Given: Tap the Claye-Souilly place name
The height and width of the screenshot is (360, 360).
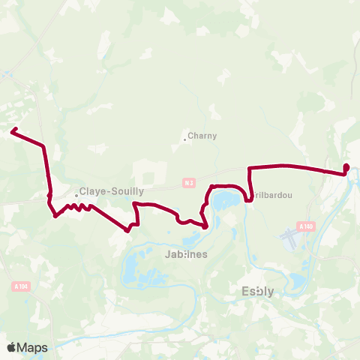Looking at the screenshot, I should pyautogui.click(x=112, y=191).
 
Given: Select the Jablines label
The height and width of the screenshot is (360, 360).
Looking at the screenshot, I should pyautogui.click(x=185, y=254).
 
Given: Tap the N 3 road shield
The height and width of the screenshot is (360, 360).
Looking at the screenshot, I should pyautogui.click(x=189, y=182).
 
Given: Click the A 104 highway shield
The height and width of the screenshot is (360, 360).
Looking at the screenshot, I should pyautogui.click(x=20, y=285).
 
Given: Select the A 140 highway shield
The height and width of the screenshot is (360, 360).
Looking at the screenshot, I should pyautogui.click(x=304, y=226).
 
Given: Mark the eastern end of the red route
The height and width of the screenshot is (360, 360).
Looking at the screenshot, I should pyautogui.click(x=346, y=167).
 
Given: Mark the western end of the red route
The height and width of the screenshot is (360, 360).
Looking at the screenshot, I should pyautogui.click(x=13, y=132).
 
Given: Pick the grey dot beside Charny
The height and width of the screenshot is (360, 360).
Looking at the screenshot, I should pyautogui.click(x=184, y=138).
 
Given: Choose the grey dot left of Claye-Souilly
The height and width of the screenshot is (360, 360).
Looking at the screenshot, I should pyautogui.click(x=76, y=196).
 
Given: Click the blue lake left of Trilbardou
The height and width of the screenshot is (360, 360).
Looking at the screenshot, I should pyautogui.click(x=224, y=200).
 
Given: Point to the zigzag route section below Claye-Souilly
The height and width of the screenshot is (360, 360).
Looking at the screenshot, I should pyautogui.click(x=76, y=208).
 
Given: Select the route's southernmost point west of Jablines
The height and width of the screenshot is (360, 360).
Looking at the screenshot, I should pyautogui.click(x=127, y=231).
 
